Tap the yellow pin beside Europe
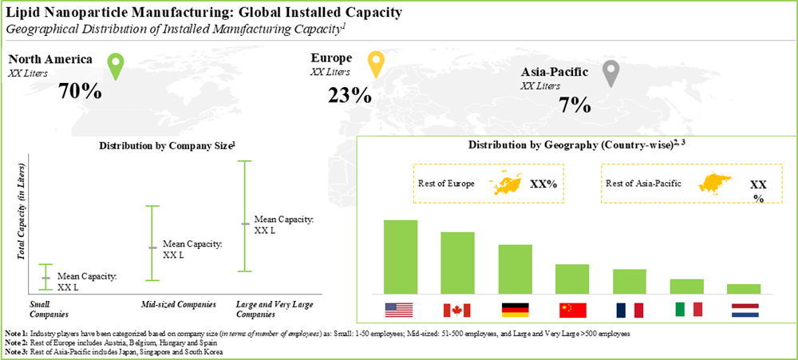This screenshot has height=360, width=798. pyautogui.click(x=375, y=64)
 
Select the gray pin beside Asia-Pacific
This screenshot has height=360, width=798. pyautogui.click(x=610, y=73)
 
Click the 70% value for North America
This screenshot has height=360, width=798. pyautogui.click(x=80, y=91)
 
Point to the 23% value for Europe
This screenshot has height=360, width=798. pyautogui.click(x=350, y=95)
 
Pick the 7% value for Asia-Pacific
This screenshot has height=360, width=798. pyautogui.click(x=575, y=105)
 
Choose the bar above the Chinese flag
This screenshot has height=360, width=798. pyautogui.click(x=572, y=279)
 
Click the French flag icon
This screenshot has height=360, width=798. pyautogui.click(x=629, y=310)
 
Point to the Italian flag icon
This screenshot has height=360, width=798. pyautogui.click(x=686, y=310)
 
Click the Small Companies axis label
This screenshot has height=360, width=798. pyautogui.click(x=45, y=308)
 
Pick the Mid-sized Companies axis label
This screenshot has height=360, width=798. pyautogui.click(x=173, y=304)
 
